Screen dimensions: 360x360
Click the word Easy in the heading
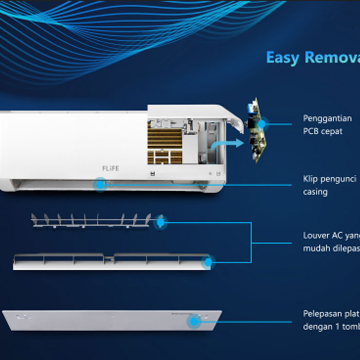click(x=282, y=57)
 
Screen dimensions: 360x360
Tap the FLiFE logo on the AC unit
click(x=105, y=168)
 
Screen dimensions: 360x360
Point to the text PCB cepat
click(x=322, y=131)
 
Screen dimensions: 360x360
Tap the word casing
click(x=315, y=192)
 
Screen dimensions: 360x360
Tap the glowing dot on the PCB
click(x=263, y=124)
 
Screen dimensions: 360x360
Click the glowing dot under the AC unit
click(x=100, y=184)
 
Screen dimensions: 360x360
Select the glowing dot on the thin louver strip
click(x=161, y=222)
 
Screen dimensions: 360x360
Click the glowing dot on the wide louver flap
click(x=208, y=262)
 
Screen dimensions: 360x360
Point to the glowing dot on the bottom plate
click(x=194, y=322)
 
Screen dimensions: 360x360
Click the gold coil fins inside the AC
click(x=165, y=139)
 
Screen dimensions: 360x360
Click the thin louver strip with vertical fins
click(x=93, y=220)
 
